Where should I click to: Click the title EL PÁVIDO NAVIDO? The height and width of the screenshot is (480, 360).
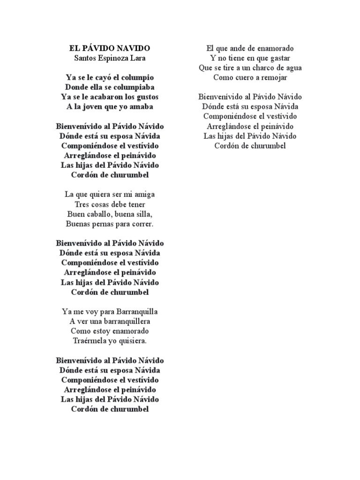[x=110, y=48]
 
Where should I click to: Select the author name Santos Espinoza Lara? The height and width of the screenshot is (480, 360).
[x=110, y=58]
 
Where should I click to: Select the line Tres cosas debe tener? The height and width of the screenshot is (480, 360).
[x=110, y=204]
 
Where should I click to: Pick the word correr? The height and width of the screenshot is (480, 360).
[x=142, y=224]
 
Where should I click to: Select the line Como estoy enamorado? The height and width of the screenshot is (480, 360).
[x=110, y=331]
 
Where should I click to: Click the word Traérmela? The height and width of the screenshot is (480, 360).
[x=90, y=341]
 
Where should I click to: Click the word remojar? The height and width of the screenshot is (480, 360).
[x=272, y=78]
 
